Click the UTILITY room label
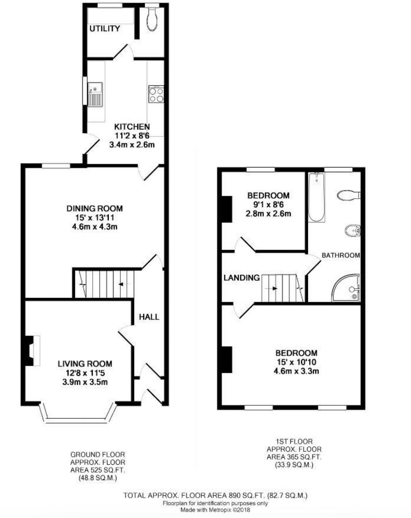(x=105, y=29)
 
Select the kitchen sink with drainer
(x=95, y=94)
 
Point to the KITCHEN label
(x=132, y=127)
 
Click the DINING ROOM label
(x=95, y=209)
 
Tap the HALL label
(x=149, y=317)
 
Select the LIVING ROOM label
(x=85, y=364)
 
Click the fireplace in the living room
(x=32, y=351)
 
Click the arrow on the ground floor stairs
(x=121, y=284)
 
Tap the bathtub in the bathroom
(x=317, y=197)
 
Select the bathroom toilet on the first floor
(x=349, y=195)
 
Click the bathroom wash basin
(x=352, y=231)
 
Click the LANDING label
(x=242, y=278)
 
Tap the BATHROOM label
(x=341, y=255)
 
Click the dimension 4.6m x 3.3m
(x=296, y=371)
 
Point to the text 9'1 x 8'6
(x=268, y=204)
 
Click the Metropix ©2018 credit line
(x=215, y=510)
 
